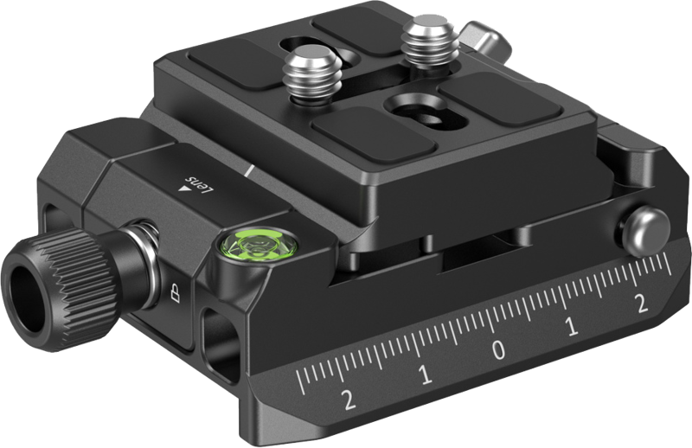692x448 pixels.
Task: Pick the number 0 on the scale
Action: click(x=498, y=350)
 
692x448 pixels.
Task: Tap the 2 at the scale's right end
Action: click(x=641, y=303)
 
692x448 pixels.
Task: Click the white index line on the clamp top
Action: click(x=248, y=170)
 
